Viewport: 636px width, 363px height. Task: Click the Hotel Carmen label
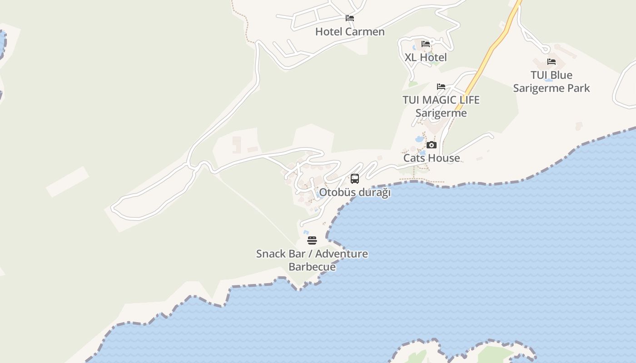(x=350, y=32)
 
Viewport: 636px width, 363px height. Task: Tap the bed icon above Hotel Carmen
(x=350, y=18)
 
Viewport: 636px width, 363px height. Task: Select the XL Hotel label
(x=426, y=58)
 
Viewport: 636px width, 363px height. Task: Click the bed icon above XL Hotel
(x=426, y=44)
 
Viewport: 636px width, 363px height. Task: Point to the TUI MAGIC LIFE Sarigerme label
(x=441, y=106)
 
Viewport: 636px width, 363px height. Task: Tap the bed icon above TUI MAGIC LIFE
(x=441, y=87)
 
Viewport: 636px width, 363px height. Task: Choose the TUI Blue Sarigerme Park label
(x=552, y=82)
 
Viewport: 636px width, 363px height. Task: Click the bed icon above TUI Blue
(x=552, y=62)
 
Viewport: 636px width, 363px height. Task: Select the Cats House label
(x=432, y=158)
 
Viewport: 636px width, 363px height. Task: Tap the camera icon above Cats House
(x=432, y=145)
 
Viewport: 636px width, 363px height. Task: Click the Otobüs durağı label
(x=355, y=192)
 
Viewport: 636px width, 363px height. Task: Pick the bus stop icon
(x=355, y=179)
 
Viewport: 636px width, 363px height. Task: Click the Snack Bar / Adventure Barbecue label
(x=312, y=260)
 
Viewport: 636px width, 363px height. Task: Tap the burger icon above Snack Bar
(x=312, y=240)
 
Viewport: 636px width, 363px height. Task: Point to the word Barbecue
(x=312, y=267)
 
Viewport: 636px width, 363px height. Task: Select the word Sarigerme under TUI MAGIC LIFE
(x=441, y=113)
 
